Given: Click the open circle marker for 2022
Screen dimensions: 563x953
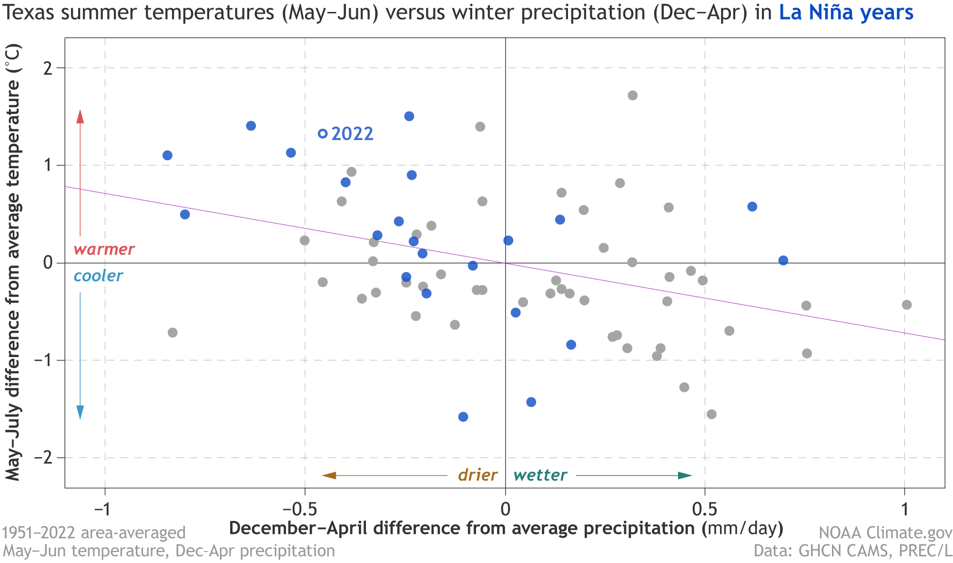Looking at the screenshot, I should [x=323, y=133].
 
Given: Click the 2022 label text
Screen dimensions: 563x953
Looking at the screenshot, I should [x=352, y=134].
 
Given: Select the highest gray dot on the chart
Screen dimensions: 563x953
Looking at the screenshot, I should [x=632, y=95].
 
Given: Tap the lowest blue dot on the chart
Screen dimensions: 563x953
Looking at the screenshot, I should [x=463, y=417].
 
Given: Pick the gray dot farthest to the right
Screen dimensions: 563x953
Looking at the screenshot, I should [x=907, y=305].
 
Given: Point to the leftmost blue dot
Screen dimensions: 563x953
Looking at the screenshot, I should [x=167, y=155].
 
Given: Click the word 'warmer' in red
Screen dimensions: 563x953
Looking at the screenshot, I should [x=104, y=249].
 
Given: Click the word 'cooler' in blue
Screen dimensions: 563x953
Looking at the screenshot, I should [x=98, y=276].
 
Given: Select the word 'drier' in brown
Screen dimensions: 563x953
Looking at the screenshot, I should [x=477, y=475].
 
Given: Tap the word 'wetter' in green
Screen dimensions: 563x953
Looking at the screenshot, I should [x=540, y=475].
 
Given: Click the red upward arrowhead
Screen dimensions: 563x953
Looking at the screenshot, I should [x=80, y=116].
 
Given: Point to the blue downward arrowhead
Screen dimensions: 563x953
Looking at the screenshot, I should [x=80, y=412].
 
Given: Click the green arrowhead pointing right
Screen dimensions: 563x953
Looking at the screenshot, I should [x=685, y=475].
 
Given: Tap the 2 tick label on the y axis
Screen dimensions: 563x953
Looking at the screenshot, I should [x=47, y=68].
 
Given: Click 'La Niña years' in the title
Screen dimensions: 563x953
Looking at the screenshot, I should [x=846, y=13].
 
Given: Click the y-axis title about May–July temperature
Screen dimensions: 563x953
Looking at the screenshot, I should [x=13, y=262].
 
